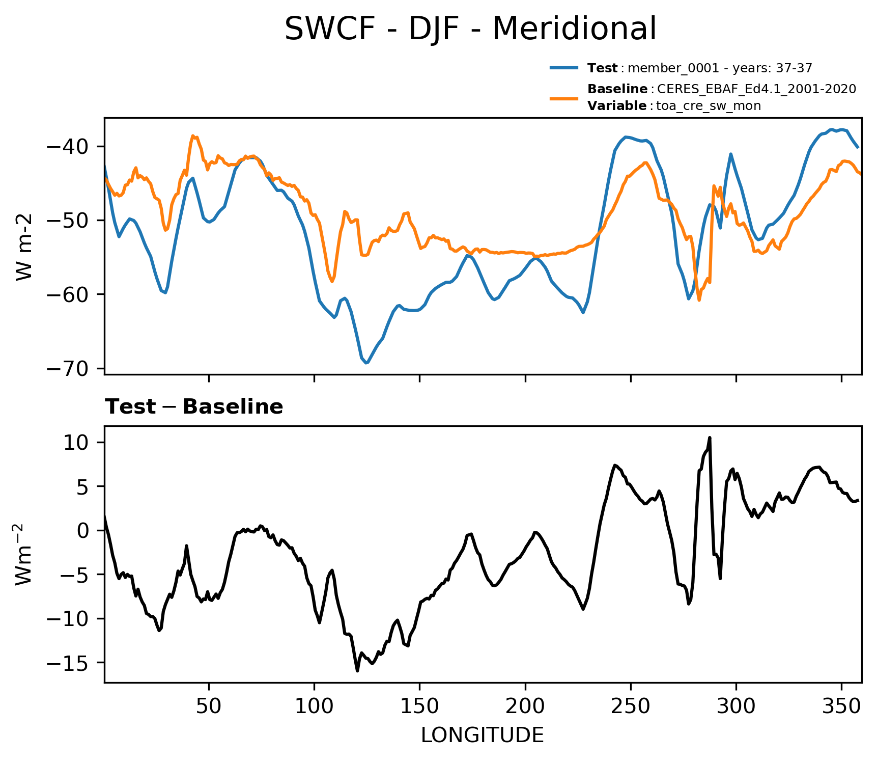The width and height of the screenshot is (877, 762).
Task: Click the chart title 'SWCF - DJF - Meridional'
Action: [x=470, y=29]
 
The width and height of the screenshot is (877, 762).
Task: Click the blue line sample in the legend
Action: [x=564, y=68]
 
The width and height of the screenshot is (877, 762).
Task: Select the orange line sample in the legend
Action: [x=564, y=98]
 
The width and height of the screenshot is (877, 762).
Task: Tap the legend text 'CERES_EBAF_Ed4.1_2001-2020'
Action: [x=756, y=89]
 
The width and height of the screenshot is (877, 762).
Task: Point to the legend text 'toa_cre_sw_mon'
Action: [x=709, y=106]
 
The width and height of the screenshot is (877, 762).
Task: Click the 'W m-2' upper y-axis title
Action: [x=24, y=247]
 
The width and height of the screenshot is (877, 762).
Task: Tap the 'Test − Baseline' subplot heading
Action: [x=194, y=407]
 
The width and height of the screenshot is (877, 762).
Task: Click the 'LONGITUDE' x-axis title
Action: [x=483, y=736]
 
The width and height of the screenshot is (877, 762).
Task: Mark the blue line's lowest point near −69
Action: [x=366, y=363]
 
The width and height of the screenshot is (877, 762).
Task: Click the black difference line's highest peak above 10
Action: [x=710, y=438]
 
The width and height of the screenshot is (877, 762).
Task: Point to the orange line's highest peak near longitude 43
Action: [x=193, y=136]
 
